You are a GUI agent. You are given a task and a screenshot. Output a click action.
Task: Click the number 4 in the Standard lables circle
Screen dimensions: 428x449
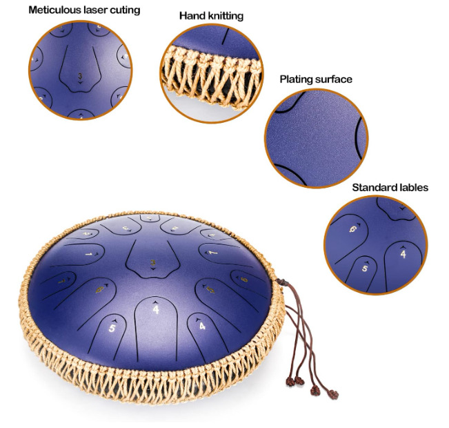click(x=404, y=253)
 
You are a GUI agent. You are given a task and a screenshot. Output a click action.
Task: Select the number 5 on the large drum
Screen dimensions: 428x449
click(x=112, y=329)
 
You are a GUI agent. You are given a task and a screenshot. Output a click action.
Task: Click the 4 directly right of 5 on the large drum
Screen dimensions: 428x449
click(x=156, y=310)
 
